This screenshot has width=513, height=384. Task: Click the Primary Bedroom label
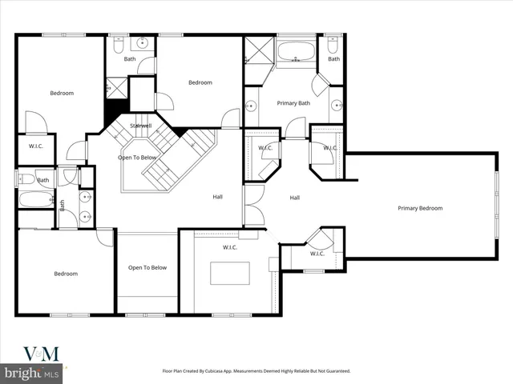point(420,208)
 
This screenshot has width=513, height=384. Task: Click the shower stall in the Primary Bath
point(257,50)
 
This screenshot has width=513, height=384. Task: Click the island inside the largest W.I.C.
point(229,274)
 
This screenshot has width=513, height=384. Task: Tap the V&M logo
point(40,353)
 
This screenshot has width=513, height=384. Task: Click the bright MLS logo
point(32,374)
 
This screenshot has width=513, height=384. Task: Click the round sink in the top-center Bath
point(143,42)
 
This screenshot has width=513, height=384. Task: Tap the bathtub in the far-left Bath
point(34,198)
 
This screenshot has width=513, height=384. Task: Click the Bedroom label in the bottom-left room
point(66,274)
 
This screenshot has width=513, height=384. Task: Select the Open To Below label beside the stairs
point(137,158)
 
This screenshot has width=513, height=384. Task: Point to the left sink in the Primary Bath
point(250,104)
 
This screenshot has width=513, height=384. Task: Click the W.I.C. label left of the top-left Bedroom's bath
point(36,146)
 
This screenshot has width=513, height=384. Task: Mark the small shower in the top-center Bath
point(117,86)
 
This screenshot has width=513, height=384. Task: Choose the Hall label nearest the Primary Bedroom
point(295,198)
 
